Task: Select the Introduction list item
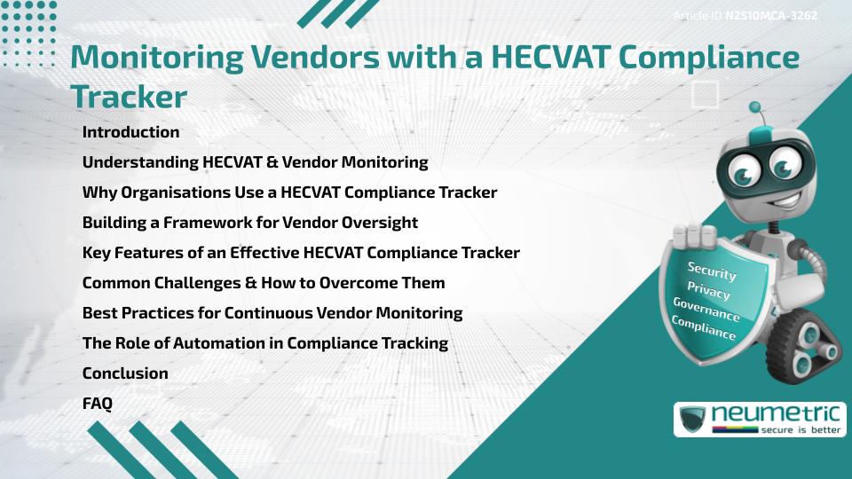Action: point(130,132)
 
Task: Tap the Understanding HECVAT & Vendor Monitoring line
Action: point(255,162)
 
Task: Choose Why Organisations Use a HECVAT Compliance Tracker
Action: point(289,192)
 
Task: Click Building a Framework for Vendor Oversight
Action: point(249,223)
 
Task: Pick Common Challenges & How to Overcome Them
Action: point(264,283)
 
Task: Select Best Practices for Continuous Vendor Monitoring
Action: point(272,313)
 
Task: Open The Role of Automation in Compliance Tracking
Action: point(264,343)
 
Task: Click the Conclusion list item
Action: point(125,373)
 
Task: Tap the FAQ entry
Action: point(98,404)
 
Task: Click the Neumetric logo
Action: point(760,419)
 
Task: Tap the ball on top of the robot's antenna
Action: point(755,107)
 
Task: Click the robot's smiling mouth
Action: point(765,197)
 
